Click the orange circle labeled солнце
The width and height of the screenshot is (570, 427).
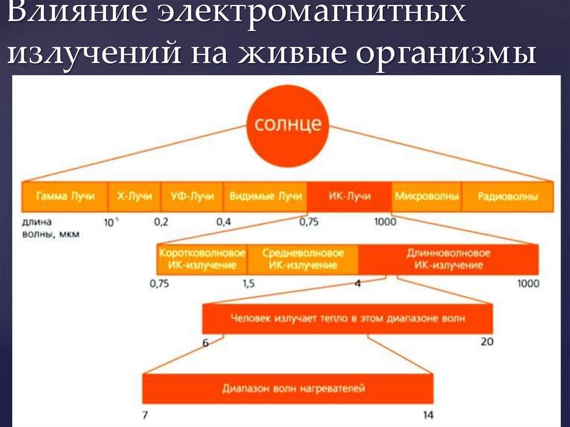pos(288,124)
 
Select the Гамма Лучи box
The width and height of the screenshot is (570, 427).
pos(65,196)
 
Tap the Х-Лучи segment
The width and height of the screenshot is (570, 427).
pos(134,196)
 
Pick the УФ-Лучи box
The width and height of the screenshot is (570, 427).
pos(192,196)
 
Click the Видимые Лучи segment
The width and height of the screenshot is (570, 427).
pos(265,196)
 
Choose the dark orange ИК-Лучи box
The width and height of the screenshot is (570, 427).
pos(349,196)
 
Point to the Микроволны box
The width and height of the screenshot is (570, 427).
pos(426,196)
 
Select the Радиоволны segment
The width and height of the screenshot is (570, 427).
pos(508,196)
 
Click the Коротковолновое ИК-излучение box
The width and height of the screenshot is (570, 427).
pos(202,259)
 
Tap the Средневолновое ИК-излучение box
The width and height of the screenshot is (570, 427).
pos(302,259)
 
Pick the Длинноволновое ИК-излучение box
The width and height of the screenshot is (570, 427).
pos(448,259)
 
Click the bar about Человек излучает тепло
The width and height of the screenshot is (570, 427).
pos(347,320)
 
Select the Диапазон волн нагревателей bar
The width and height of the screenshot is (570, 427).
pos(287,387)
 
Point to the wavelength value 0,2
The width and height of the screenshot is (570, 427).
pos(161,222)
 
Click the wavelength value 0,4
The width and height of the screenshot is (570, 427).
pos(224,222)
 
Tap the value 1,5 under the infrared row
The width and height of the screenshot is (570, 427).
pos(248,284)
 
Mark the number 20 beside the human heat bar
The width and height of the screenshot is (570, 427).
pos(487,341)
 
